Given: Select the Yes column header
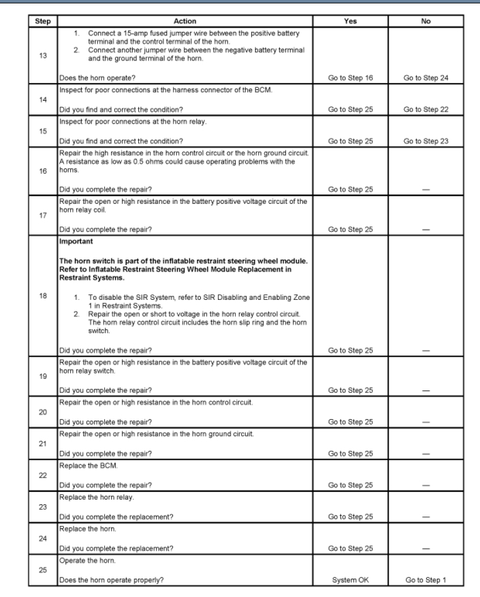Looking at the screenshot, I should click(350, 22).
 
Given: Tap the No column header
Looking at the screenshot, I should click(428, 22).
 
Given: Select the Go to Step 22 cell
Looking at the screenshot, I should click(428, 110).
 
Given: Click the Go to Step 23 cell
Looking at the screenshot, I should click(428, 141).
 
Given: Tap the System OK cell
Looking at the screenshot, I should click(350, 580).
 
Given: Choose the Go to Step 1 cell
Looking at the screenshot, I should click(428, 580).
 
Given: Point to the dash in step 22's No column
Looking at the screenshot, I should click(428, 485).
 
